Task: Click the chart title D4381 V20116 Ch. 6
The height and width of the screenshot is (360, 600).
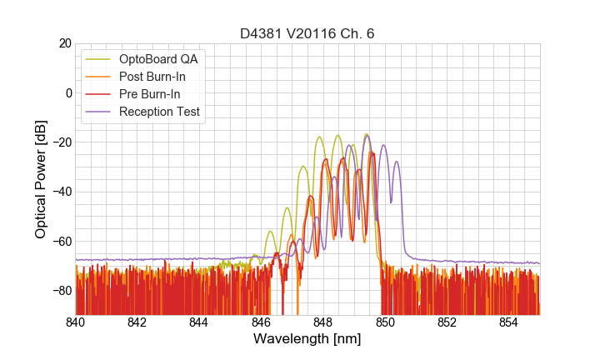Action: coord(307,33)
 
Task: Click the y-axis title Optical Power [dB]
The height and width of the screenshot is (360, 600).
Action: coord(41,179)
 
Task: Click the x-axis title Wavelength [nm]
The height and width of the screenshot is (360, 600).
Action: coord(307,339)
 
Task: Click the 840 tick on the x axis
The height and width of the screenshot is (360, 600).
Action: coord(76,322)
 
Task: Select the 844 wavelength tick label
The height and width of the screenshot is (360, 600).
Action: coord(199,322)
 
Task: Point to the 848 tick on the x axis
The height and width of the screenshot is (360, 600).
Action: coord(323,322)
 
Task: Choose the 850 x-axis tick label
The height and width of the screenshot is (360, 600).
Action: coord(385,322)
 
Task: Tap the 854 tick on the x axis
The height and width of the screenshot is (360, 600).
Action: coord(509,322)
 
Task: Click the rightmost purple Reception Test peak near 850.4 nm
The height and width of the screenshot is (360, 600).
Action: coord(397,162)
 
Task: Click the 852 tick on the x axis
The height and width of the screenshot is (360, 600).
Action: coord(447,322)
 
